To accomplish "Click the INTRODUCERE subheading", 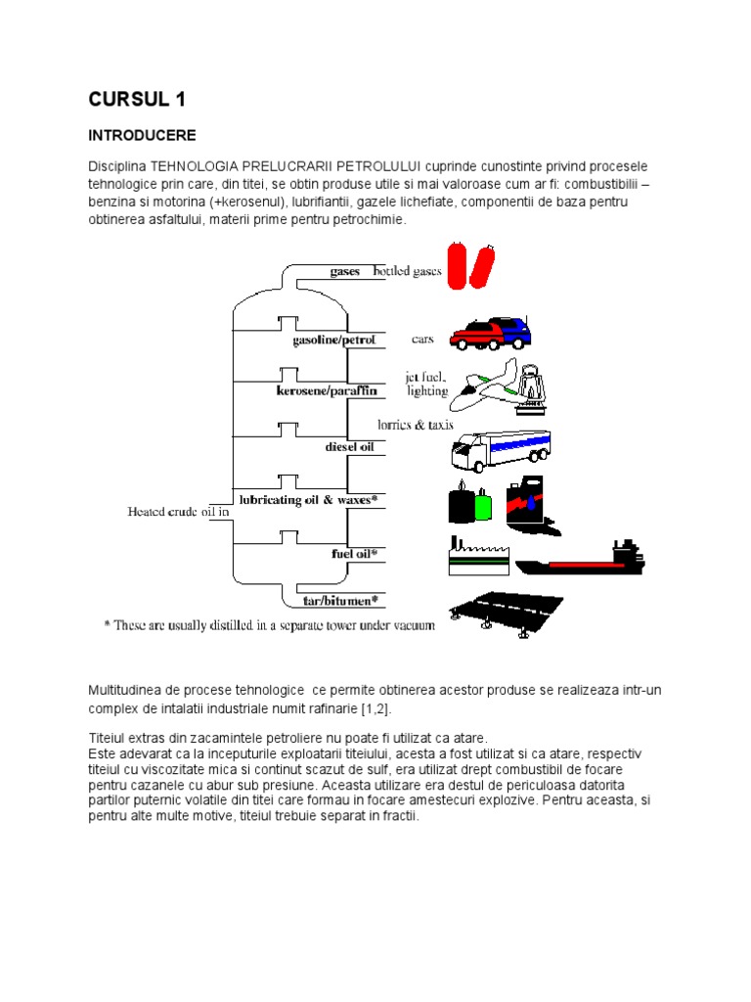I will coord(143,135).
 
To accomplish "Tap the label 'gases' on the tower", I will coord(345,271).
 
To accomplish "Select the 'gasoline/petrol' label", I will coord(333,341).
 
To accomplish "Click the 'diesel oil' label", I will coord(349,446).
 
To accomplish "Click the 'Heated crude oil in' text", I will coord(179,511).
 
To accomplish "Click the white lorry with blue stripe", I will coord(500,449).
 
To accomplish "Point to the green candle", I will coord(482,504).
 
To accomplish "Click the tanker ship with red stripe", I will coord(581,563).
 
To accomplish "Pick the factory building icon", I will coord(475,559).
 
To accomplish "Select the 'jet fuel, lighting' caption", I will coord(426,383).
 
